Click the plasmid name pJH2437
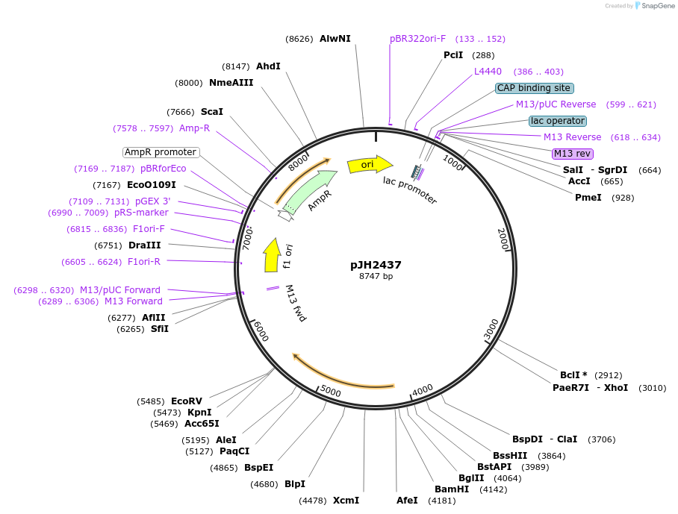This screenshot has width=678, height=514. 376,264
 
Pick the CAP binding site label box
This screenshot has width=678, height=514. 534,88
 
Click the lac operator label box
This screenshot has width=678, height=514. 557,121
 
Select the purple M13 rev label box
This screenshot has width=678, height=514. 572,154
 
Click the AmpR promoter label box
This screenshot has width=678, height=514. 161,152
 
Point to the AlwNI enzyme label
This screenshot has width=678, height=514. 335,38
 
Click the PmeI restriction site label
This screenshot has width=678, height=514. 588,197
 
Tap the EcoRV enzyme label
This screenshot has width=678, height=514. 187,401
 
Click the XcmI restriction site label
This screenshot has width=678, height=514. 346,501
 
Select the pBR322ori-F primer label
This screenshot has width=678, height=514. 417,38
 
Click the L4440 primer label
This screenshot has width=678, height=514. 488,72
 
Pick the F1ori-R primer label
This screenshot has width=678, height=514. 144,261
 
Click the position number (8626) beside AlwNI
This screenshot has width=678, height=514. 299,39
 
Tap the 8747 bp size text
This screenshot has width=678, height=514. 376,277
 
